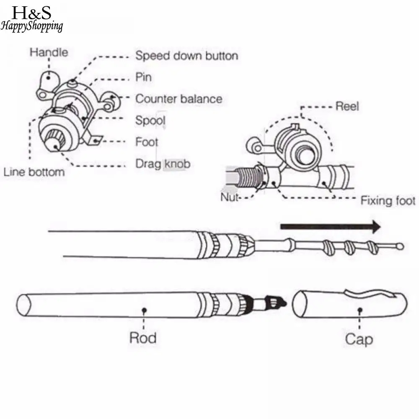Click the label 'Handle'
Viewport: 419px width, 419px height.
click(x=49, y=52)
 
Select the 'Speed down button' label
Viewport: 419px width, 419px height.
click(x=186, y=56)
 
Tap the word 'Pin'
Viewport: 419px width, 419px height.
click(x=143, y=78)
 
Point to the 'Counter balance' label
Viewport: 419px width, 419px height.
click(x=178, y=99)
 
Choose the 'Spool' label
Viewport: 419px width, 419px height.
click(x=150, y=121)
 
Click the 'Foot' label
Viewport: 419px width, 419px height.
click(x=147, y=142)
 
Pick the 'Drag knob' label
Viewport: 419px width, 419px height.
click(x=163, y=163)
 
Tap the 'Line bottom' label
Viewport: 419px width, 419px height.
click(x=34, y=172)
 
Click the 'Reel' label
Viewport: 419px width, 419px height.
click(x=347, y=106)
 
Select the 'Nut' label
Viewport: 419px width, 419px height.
click(x=229, y=197)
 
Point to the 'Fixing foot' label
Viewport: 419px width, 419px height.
click(x=388, y=201)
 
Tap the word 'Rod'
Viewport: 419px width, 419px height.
click(x=143, y=337)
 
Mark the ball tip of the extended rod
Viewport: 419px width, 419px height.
click(x=401, y=246)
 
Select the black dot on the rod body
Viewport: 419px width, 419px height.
click(x=144, y=310)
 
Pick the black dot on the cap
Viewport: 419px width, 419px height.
click(x=359, y=310)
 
